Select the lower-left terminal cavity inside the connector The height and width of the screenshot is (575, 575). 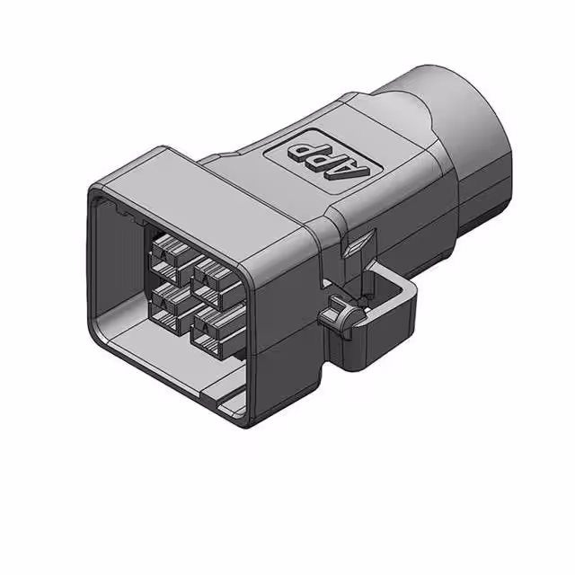(x=167, y=301)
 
